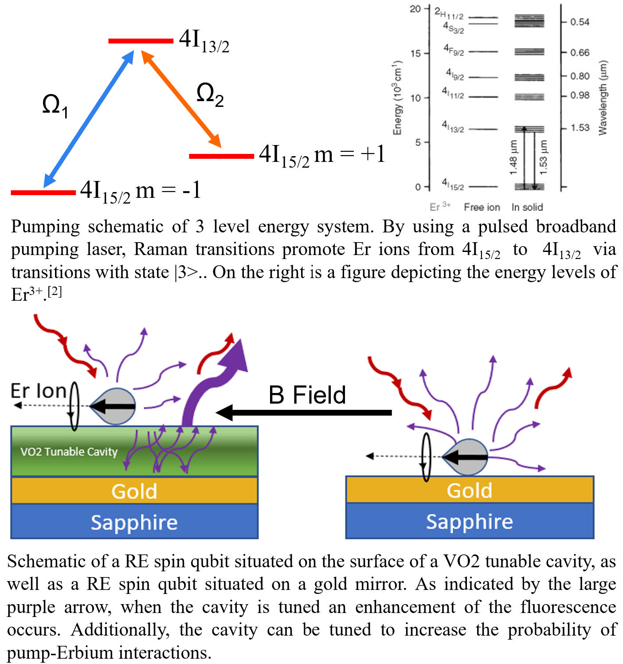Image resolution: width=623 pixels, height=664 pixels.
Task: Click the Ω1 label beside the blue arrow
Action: click(55, 106)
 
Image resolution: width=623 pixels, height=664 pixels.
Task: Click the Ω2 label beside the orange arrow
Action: click(210, 95)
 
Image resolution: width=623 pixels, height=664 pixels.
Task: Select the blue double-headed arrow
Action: click(89, 118)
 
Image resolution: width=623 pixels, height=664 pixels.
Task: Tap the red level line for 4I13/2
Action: click(141, 41)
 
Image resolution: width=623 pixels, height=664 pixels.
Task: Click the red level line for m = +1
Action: click(221, 156)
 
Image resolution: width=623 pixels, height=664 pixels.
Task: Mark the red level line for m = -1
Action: click(43, 193)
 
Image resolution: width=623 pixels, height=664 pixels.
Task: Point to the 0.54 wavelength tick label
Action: click(580, 22)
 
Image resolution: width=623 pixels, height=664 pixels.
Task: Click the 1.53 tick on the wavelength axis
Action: click(580, 128)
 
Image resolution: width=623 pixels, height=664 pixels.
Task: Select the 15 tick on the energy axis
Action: click(415, 54)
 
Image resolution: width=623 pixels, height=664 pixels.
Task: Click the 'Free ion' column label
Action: click(482, 207)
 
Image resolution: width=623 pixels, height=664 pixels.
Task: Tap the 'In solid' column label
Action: click(527, 207)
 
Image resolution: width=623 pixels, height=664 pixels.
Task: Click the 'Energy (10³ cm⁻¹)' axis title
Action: click(397, 98)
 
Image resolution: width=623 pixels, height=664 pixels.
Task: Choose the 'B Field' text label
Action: click(307, 395)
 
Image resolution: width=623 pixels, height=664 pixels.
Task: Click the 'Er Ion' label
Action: click(39, 391)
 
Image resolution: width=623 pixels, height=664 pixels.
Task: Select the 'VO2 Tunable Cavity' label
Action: click(69, 452)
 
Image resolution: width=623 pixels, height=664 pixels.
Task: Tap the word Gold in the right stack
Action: click(470, 491)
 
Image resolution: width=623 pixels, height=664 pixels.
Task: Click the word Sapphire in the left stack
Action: click(134, 523)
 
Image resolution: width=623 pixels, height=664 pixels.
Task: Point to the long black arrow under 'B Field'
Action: click(306, 413)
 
